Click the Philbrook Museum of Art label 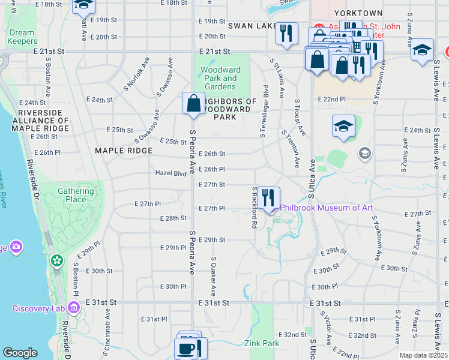pos(327,208)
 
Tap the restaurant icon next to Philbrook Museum pos(268,197)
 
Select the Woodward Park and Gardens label pos(220,79)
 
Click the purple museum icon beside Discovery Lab pos(74,308)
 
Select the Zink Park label pos(262,343)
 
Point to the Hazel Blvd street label pos(171,173)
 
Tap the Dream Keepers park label pos(22,37)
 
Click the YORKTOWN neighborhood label pos(359,13)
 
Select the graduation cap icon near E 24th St pos(343,126)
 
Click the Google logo pos(20,353)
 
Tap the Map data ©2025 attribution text pos(423,355)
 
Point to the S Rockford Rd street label pos(255,208)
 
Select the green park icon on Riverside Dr pos(57,261)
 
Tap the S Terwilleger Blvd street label pos(264,110)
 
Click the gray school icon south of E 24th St pos(364,154)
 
